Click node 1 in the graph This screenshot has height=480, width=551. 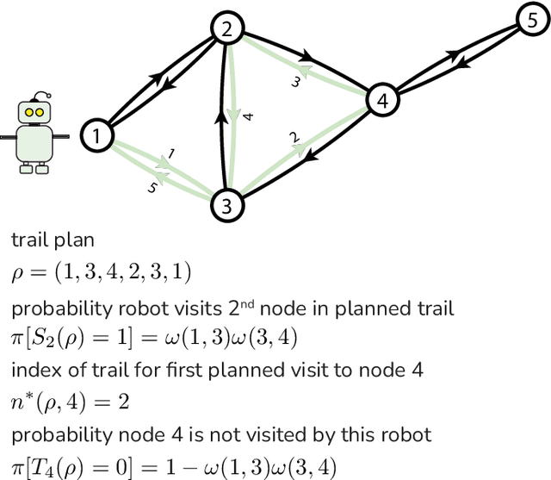tap(97, 135)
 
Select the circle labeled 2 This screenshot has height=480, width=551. tap(227, 30)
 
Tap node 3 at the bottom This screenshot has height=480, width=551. tap(226, 204)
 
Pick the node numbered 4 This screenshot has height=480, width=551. tap(382, 100)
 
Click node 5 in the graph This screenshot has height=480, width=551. tap(531, 18)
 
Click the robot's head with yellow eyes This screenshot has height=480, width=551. tap(34, 113)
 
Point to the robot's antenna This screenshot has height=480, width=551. tap(34, 95)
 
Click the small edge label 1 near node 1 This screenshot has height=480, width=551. tap(171, 153)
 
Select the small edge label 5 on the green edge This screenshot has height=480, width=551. tap(153, 188)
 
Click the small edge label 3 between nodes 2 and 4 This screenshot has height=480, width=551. tap(294, 83)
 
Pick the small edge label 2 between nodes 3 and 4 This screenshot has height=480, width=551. tap(294, 138)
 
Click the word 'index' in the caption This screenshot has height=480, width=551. tap(30, 371)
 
